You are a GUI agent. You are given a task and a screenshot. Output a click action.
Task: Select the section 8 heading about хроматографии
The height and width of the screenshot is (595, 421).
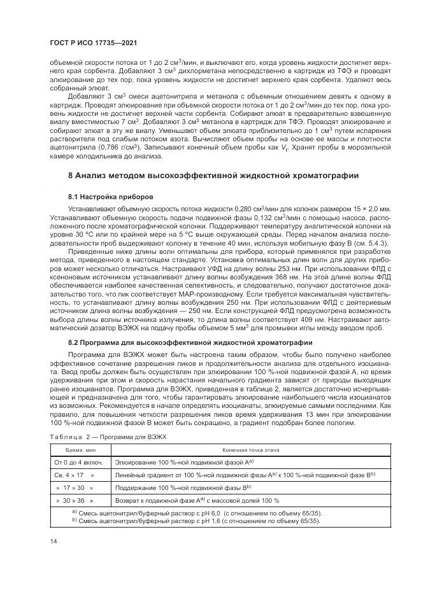point(213,175)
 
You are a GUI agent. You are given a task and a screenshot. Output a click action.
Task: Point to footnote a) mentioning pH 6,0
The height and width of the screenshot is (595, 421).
point(197,512)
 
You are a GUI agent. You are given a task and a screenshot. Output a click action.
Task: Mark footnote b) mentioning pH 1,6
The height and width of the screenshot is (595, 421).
point(197,520)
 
